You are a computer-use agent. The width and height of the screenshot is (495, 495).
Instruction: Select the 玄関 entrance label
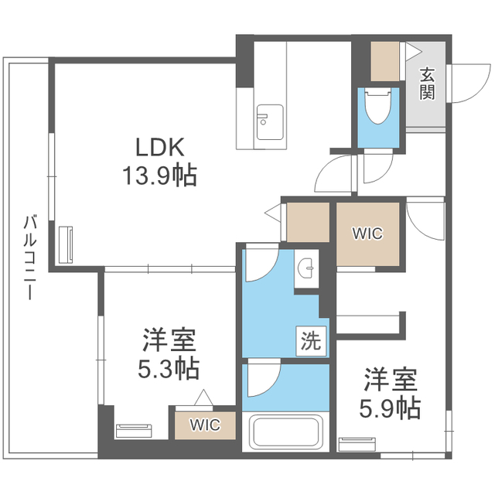tap(427, 84)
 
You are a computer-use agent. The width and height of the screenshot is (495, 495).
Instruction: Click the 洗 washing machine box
tap(309, 339)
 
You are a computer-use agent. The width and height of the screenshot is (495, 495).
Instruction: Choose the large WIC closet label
tap(367, 234)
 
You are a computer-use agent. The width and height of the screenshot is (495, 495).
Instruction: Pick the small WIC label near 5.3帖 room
tap(205, 425)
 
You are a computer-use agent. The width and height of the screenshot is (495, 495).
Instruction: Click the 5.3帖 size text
tap(169, 368)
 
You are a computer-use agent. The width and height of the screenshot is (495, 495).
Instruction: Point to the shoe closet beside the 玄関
tap(384, 63)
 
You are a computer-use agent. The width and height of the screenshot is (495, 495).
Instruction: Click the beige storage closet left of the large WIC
tap(307, 222)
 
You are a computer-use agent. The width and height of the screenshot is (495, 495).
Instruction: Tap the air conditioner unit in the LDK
tap(63, 245)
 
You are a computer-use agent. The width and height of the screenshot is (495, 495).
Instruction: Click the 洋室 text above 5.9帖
tap(391, 380)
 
